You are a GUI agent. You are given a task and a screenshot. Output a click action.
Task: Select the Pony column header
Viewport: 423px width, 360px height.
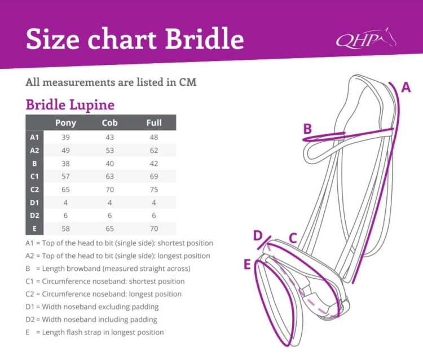click(65, 123)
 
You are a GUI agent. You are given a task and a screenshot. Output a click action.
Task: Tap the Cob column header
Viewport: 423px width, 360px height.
click(109, 123)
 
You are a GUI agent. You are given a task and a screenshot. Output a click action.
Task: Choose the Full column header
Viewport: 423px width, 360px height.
click(154, 123)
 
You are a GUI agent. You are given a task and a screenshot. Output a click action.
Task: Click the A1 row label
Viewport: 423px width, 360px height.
click(34, 137)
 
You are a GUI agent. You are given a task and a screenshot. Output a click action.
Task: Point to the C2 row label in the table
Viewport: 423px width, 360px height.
click(34, 190)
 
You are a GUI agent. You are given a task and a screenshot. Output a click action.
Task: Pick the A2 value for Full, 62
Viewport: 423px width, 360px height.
click(154, 151)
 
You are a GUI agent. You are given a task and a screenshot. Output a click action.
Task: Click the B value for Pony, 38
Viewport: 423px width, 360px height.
click(65, 164)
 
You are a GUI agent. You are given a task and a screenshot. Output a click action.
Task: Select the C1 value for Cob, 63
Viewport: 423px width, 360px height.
click(109, 177)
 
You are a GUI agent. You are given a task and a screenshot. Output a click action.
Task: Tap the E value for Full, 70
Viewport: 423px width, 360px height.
click(154, 229)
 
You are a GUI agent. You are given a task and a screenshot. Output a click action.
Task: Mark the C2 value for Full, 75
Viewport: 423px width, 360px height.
click(154, 190)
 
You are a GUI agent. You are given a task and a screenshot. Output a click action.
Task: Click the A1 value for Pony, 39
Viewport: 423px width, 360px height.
click(65, 137)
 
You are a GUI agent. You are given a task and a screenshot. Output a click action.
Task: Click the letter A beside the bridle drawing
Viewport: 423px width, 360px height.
click(406, 87)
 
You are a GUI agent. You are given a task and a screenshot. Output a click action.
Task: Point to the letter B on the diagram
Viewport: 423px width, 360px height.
click(307, 129)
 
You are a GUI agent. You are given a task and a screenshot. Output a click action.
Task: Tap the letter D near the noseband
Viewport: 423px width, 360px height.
click(258, 235)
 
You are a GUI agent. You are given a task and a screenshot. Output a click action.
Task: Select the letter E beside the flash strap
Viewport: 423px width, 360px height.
click(247, 264)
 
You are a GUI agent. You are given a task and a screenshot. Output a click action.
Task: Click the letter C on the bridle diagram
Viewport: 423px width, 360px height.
click(293, 238)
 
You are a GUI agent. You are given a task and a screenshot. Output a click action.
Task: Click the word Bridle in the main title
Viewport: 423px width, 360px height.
click(204, 38)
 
